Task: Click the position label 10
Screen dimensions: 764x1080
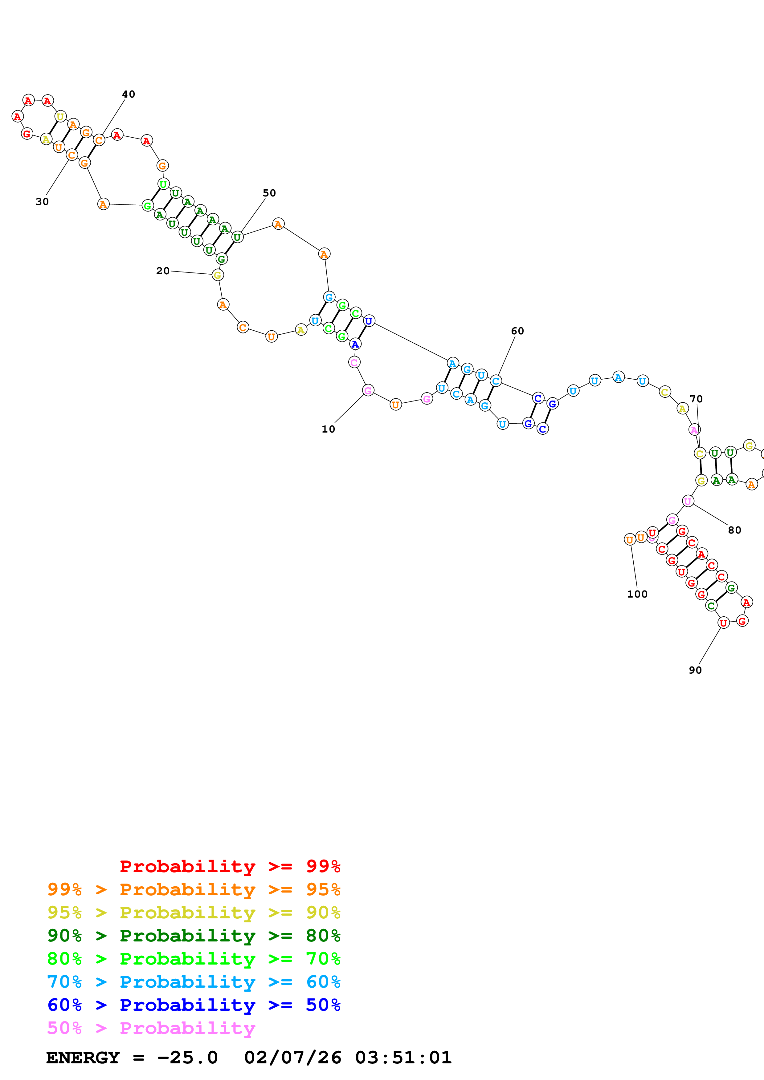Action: pyautogui.click(x=328, y=429)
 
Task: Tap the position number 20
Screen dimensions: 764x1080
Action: pyautogui.click(x=163, y=271)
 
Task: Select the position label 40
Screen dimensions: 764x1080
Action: pyautogui.click(x=129, y=94)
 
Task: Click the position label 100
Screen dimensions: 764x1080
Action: pyautogui.click(x=637, y=594)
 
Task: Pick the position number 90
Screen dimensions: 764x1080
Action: pyautogui.click(x=695, y=670)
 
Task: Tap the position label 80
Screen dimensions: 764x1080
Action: pyautogui.click(x=734, y=530)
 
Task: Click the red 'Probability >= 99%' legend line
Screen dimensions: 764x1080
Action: pyautogui.click(x=230, y=866)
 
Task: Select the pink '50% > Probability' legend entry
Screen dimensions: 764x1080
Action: pyautogui.click(x=151, y=1028)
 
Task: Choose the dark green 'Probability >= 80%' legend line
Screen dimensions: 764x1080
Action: pyautogui.click(x=194, y=936)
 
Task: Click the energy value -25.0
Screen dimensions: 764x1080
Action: pyautogui.click(x=187, y=1058)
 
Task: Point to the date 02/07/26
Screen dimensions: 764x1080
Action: pyautogui.click(x=292, y=1058)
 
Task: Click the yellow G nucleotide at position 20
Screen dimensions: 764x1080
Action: pyautogui.click(x=217, y=275)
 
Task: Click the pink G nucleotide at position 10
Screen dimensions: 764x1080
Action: pyautogui.click(x=368, y=390)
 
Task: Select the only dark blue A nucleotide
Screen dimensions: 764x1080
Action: pyautogui.click(x=355, y=344)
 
